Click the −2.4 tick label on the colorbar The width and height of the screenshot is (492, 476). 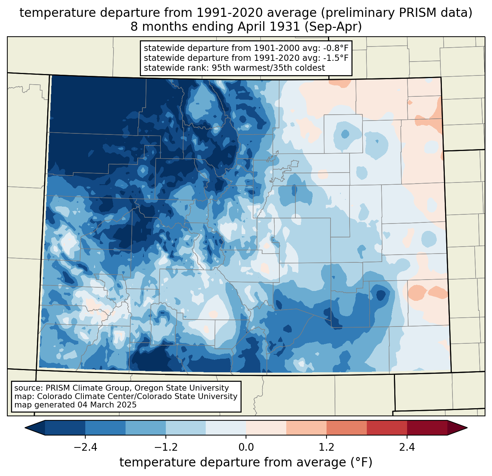point(85,447)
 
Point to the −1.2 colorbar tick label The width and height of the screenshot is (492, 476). point(166,447)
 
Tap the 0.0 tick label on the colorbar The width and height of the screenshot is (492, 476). point(246,447)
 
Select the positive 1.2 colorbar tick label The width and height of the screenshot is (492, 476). point(327,447)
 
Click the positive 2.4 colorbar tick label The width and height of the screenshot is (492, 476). point(407,447)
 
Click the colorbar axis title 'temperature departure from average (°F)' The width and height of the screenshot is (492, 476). point(246,462)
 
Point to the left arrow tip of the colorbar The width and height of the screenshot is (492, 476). point(25,428)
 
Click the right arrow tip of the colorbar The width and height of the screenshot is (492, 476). point(467,428)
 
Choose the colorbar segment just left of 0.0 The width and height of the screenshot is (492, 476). point(226,428)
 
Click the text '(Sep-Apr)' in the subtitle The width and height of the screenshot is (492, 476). point(333,27)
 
